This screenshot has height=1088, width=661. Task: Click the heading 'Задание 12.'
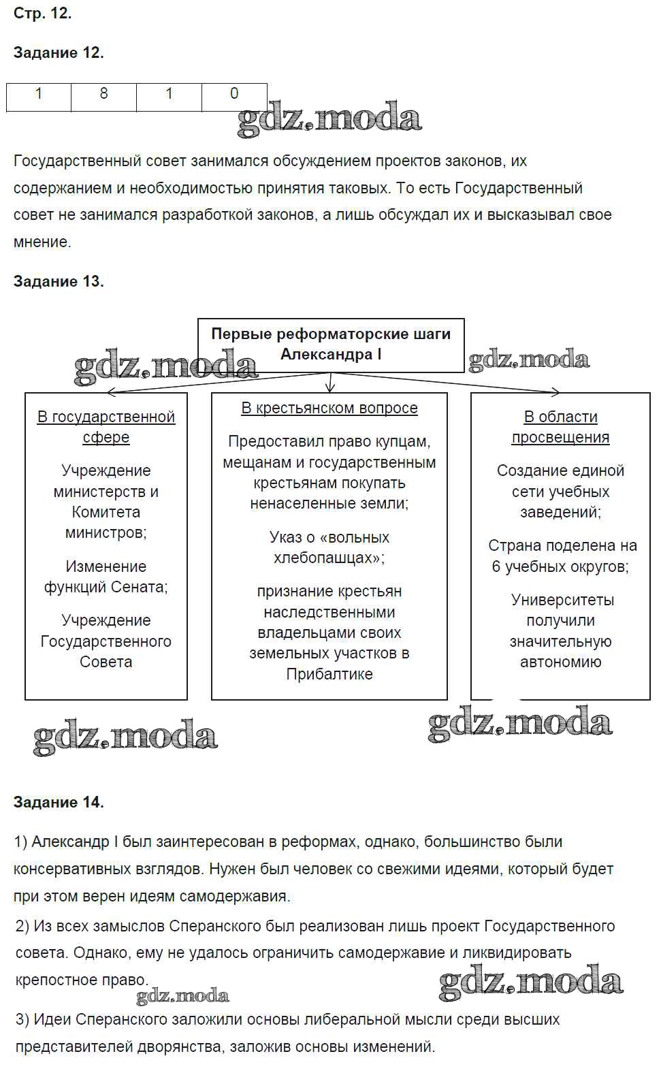pos(59,53)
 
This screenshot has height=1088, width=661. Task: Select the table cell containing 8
pos(103,94)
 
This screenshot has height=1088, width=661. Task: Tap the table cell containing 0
pos(234,94)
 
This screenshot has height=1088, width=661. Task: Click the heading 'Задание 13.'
pos(59,282)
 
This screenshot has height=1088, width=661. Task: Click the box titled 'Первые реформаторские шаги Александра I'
pos(331,345)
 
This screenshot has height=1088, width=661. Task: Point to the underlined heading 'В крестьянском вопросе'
pos(329,409)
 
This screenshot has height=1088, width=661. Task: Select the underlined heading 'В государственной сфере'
pos(106,427)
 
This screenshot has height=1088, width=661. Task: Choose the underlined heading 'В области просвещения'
pos(560,427)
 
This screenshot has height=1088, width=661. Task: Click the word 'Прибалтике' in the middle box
pos(329,674)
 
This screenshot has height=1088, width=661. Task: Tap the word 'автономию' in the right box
pos(560,662)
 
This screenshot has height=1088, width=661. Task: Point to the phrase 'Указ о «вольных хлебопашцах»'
pos(329,547)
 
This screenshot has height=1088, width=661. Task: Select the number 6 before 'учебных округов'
pos(496,566)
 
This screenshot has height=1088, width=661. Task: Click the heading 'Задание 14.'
pos(59,803)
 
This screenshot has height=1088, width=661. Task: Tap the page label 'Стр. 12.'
pos(42,14)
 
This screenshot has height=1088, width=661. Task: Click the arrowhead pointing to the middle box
pos(330,387)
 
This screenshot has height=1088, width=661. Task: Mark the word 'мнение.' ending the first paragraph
pos(42,242)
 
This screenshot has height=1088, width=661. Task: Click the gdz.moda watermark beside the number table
pos(329,120)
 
